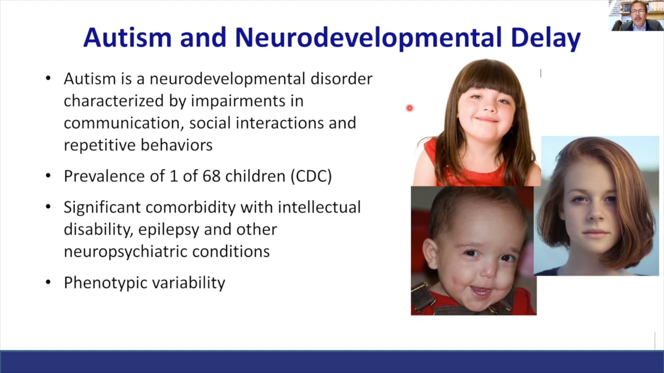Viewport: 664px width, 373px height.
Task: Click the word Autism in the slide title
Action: click(x=127, y=38)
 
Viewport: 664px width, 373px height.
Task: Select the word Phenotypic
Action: click(x=107, y=283)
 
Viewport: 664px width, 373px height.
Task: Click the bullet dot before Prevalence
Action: click(x=48, y=176)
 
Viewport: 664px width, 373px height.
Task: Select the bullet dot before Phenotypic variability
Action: click(x=48, y=283)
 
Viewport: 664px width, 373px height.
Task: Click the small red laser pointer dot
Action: click(x=409, y=108)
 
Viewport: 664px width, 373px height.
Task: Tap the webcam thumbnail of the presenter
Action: click(x=635, y=16)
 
